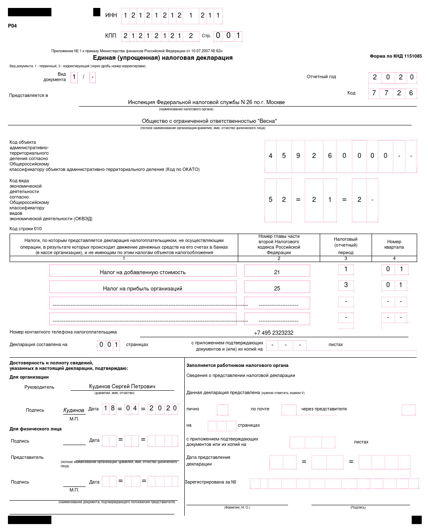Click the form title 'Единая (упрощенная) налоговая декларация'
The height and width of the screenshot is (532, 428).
coord(163,58)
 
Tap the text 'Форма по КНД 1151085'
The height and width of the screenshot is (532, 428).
coord(395,56)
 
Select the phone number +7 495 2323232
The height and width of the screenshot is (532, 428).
coord(273,333)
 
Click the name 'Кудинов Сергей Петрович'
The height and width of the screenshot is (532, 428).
coord(122,387)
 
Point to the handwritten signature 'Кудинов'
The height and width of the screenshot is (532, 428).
coord(74,410)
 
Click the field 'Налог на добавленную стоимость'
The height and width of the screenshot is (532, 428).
coord(143,272)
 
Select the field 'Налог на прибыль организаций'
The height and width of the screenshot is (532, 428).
coord(143,288)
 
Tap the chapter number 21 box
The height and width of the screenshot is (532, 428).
coord(277,272)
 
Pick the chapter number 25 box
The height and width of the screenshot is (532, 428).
coord(277,288)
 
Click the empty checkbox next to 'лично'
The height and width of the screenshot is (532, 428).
coord(222,410)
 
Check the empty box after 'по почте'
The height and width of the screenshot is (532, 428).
coord(289,410)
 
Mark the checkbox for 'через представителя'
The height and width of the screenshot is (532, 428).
coord(408,410)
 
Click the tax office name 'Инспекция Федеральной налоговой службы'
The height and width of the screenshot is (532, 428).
coord(206,102)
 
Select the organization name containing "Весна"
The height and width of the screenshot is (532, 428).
coord(209,121)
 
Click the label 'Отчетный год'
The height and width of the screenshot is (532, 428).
coord(321,76)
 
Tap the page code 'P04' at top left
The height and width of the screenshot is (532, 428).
coord(13,26)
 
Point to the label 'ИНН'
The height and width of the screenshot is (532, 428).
coord(111,15)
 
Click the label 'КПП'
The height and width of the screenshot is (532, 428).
coord(111,36)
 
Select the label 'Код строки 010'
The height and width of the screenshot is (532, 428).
coord(25,229)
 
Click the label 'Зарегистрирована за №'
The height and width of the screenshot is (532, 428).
coord(211,482)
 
